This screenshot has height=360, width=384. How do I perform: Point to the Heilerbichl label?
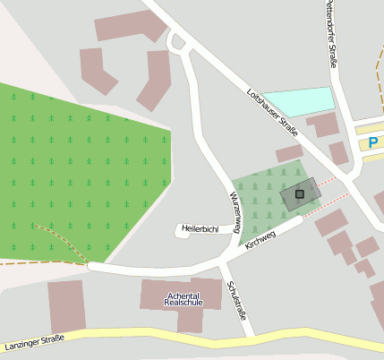click(x=200, y=228)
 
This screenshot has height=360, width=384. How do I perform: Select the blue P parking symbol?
click(x=372, y=142)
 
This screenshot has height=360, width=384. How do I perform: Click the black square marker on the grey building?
click(x=300, y=193)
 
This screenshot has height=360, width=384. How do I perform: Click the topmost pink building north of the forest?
click(x=131, y=26)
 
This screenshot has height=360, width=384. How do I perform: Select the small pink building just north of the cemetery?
click(x=289, y=153)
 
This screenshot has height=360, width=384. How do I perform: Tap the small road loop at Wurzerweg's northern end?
click(x=178, y=42)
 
